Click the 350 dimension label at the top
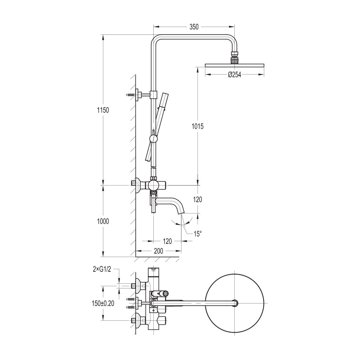pyautogui.click(x=194, y=27)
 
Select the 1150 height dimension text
pyautogui.click(x=103, y=110)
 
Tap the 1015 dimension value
pyautogui.click(x=197, y=126)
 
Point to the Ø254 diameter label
pyautogui.click(x=234, y=75)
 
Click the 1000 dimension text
pyautogui.click(x=103, y=221)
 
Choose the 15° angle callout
pyautogui.click(x=197, y=234)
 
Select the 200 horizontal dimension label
pyautogui.click(x=158, y=251)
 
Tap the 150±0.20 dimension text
pyautogui.click(x=103, y=303)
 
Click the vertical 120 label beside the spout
pyautogui.click(x=197, y=199)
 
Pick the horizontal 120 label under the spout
pyautogui.click(x=167, y=241)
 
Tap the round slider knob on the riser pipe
pyautogui.click(x=153, y=139)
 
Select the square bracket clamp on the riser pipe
pyautogui.click(x=154, y=94)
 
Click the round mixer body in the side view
pyautogui.click(x=153, y=185)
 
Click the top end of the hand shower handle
pyautogui.click(x=165, y=94)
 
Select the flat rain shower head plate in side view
pyautogui.click(x=234, y=66)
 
